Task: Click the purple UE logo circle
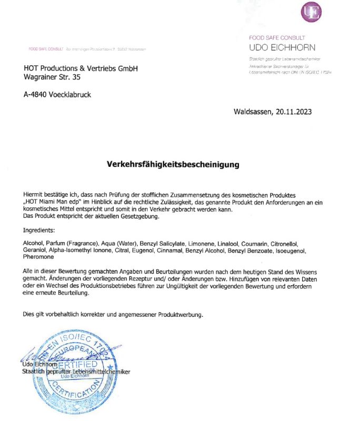[311, 12]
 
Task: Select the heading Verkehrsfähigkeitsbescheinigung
[173, 164]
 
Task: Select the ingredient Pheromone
[38, 257]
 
